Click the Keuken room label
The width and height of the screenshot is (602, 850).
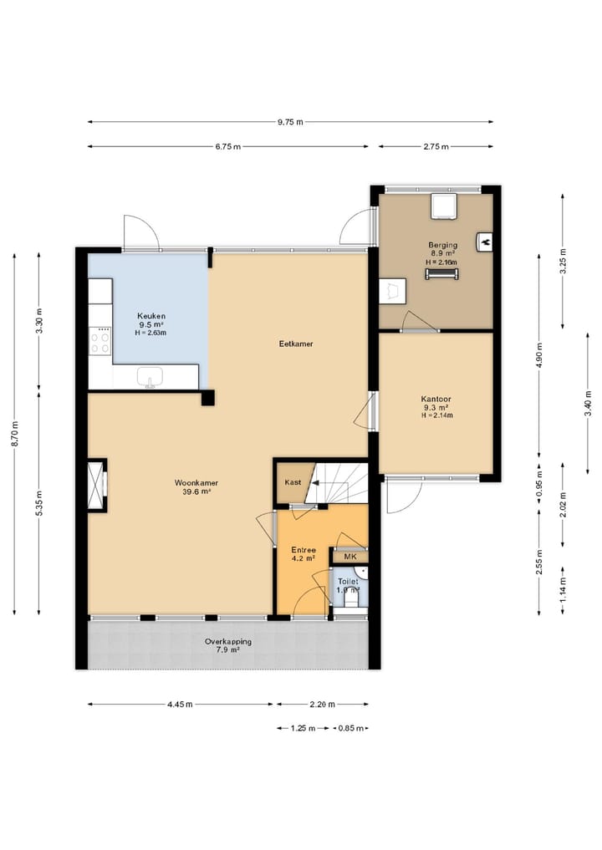(x=151, y=316)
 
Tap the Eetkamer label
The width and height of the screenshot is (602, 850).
(x=296, y=344)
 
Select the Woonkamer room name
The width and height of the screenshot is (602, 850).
(x=196, y=483)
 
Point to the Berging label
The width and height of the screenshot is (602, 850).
(x=442, y=245)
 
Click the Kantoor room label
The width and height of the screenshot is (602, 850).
(x=436, y=399)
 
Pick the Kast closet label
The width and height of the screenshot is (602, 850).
(x=293, y=482)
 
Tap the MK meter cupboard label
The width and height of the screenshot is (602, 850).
(x=349, y=557)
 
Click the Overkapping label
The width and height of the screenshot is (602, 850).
(x=227, y=642)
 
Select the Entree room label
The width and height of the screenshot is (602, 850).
(x=304, y=550)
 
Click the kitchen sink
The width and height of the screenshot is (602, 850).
(x=150, y=377)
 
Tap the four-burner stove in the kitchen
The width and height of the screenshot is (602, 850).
(x=99, y=341)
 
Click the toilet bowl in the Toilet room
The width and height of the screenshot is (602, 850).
(x=350, y=599)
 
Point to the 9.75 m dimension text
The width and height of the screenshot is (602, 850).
(x=290, y=122)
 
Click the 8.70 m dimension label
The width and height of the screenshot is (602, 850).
(x=15, y=435)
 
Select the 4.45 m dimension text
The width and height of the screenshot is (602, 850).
(x=180, y=705)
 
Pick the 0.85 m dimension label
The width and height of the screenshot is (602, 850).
(x=350, y=728)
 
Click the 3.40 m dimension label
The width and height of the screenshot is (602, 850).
(x=588, y=404)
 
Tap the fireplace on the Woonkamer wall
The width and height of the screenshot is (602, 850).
(x=98, y=485)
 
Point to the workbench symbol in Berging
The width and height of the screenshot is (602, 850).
(x=442, y=274)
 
